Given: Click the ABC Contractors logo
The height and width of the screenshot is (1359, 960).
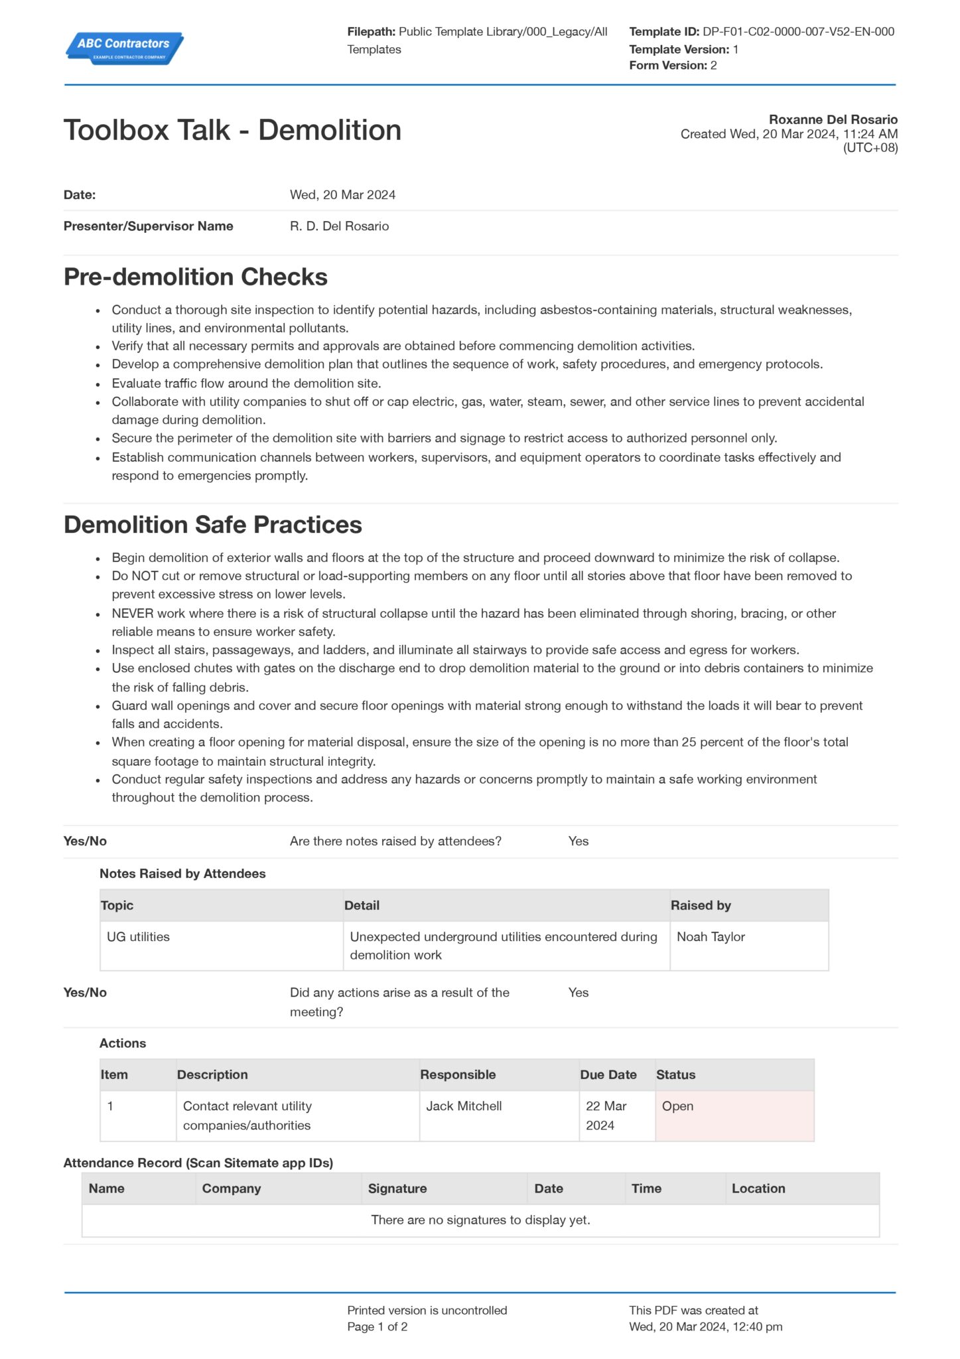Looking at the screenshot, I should pyautogui.click(x=124, y=48).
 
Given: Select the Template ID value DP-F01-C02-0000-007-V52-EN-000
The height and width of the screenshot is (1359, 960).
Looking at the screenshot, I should pyautogui.click(x=798, y=31).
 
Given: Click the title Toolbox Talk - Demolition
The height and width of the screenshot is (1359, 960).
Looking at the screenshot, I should pyautogui.click(x=232, y=130).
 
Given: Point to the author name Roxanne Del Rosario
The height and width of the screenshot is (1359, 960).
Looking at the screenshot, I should pyautogui.click(x=833, y=119).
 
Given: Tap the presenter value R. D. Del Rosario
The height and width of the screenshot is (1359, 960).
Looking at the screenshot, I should pyautogui.click(x=339, y=226).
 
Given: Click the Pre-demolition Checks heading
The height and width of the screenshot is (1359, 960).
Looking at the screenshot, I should pyautogui.click(x=195, y=277).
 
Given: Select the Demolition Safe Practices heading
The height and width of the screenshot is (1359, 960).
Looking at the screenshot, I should pyautogui.click(x=212, y=525).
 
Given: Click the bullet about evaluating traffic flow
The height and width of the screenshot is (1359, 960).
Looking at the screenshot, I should pyautogui.click(x=246, y=383).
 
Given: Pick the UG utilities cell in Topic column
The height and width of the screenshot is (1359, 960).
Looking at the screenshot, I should pyautogui.click(x=138, y=937).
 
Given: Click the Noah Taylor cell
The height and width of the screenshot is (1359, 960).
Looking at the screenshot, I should pyautogui.click(x=711, y=937).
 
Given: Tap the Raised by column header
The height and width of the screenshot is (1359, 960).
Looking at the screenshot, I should pyautogui.click(x=701, y=906).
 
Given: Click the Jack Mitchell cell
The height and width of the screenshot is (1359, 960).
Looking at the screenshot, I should pyautogui.click(x=464, y=1106).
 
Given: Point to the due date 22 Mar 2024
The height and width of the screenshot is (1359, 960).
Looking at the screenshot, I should pyautogui.click(x=606, y=1115).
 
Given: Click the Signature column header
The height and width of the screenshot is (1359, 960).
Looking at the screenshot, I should pyautogui.click(x=397, y=1188).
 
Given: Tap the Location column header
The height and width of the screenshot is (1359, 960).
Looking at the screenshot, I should pyautogui.click(x=758, y=1188).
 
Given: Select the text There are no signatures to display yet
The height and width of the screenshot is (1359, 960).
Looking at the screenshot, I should pyautogui.click(x=480, y=1220).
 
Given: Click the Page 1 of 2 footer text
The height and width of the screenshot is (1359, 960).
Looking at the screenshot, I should pyautogui.click(x=377, y=1327).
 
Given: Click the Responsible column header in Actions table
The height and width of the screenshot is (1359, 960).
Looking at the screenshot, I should pyautogui.click(x=458, y=1075).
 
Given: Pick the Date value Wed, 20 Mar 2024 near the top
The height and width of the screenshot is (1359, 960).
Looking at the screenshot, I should pyautogui.click(x=342, y=195).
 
